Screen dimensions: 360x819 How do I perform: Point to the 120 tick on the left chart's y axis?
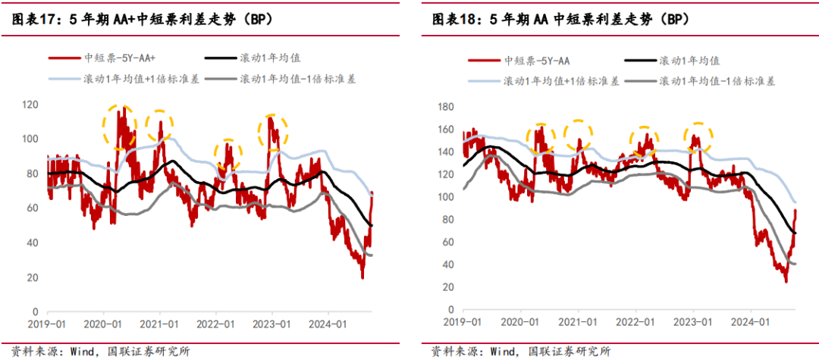pyautogui.click(x=31, y=104)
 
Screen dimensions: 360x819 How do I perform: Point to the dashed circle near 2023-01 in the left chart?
pyautogui.click(x=272, y=132)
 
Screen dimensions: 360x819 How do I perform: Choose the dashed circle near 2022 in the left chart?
pyautogui.click(x=226, y=155)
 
